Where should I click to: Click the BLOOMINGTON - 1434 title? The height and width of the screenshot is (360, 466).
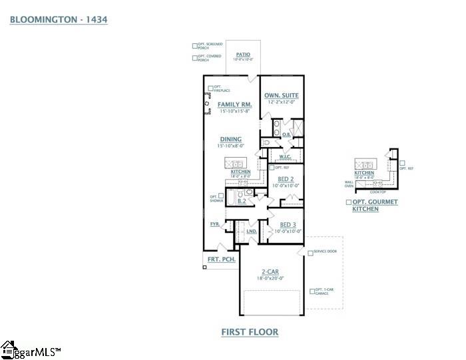click(x=59, y=20)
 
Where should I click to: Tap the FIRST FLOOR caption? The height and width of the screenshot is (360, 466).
click(x=249, y=331)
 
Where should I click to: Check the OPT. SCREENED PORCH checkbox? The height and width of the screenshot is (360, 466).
click(x=195, y=47)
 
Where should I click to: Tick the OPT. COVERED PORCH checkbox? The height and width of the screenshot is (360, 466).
click(x=195, y=59)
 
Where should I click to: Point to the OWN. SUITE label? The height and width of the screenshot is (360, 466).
click(x=282, y=96)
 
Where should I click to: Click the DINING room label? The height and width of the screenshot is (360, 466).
click(x=230, y=139)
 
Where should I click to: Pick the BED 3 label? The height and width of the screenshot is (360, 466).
click(x=288, y=225)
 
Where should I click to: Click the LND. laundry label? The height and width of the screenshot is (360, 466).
click(x=252, y=231)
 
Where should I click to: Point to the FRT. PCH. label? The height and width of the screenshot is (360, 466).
click(x=222, y=260)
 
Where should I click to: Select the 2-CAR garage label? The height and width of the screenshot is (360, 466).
click(x=270, y=273)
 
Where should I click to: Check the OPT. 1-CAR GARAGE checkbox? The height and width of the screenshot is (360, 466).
click(x=312, y=291)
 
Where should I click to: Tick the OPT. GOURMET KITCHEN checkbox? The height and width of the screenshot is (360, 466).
click(x=348, y=201)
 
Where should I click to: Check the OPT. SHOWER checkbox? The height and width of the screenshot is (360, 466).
click(x=220, y=196)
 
